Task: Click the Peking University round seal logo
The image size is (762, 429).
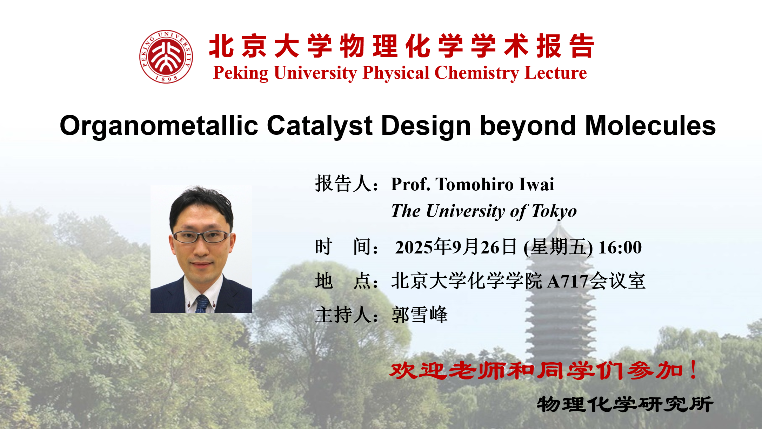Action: (x=166, y=57)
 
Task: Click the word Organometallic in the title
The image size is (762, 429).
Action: (x=159, y=126)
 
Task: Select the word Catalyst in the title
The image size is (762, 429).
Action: (x=320, y=126)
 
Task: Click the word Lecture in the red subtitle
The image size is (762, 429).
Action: (x=556, y=73)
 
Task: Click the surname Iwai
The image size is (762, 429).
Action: (x=537, y=184)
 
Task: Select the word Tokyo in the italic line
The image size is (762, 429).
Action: (x=554, y=211)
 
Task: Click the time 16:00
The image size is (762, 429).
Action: (x=620, y=247)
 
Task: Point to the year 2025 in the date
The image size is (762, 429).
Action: (x=414, y=247)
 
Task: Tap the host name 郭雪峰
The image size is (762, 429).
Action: (x=420, y=315)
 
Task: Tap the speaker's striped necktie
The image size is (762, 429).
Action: (x=202, y=304)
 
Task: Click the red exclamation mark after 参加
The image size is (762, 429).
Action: (x=693, y=370)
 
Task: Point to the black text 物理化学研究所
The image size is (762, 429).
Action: (x=625, y=404)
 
